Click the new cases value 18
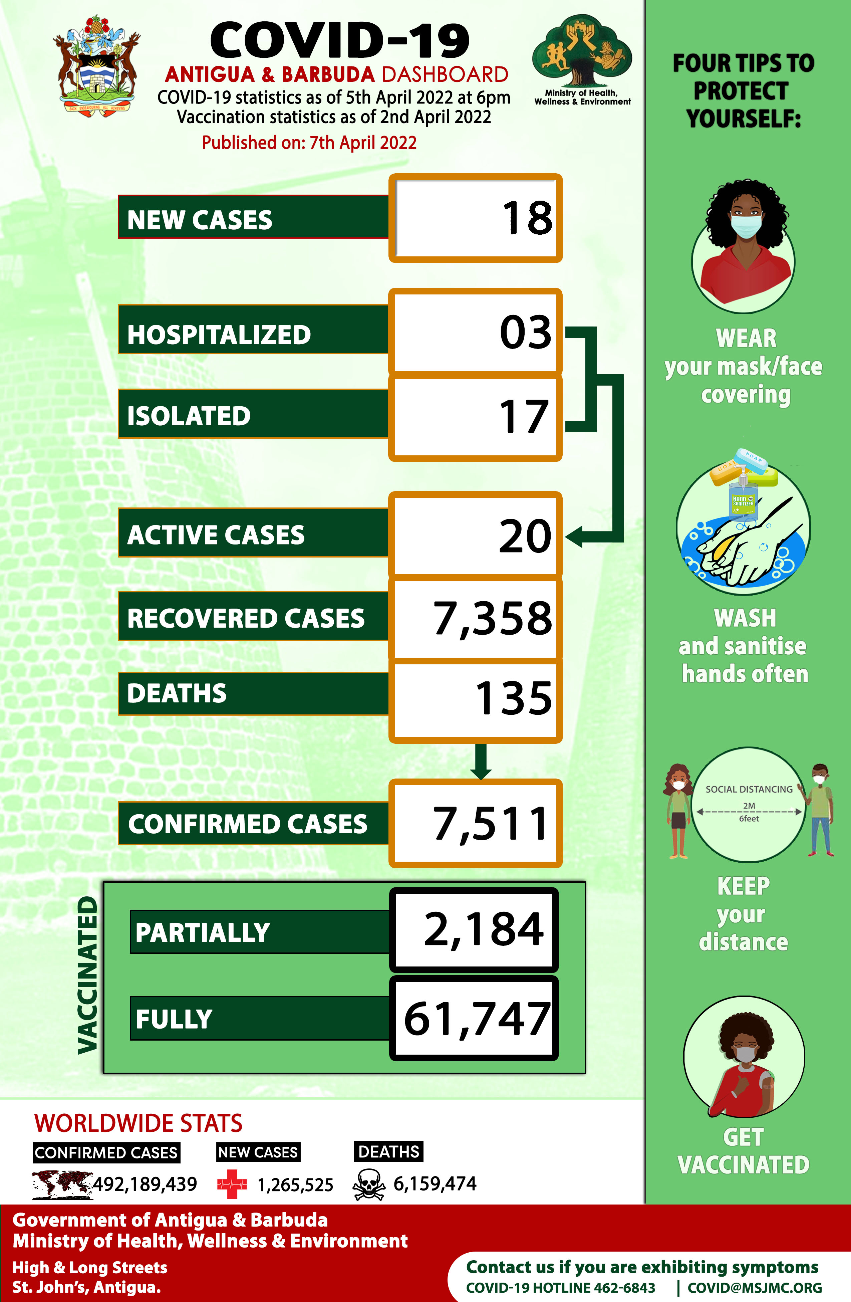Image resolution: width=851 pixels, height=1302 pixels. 527,218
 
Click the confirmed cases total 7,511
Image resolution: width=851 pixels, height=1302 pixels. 491,824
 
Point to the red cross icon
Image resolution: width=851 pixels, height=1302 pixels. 232,1184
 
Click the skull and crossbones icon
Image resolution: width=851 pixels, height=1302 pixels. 369,1184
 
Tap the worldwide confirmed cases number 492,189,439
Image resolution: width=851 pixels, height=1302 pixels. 145,1184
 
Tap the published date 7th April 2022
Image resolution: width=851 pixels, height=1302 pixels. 363,143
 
